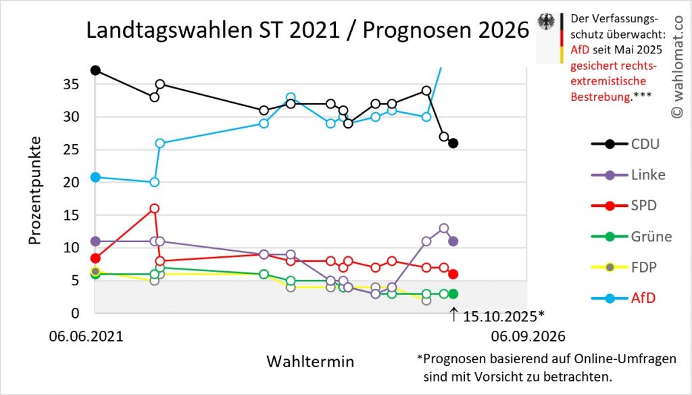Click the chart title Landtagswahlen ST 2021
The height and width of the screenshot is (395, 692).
[307, 31]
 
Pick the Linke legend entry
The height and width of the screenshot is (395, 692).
[628, 175]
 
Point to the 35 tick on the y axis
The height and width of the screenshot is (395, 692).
[71, 85]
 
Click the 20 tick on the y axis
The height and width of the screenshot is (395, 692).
[71, 183]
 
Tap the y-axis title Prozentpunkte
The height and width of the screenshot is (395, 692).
[35, 191]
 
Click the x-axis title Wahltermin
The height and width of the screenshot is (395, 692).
[310, 361]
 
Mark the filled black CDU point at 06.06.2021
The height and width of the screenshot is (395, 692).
[95, 70]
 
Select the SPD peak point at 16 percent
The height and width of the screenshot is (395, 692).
[154, 208]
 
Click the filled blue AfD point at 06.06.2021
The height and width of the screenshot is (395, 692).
[95, 177]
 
